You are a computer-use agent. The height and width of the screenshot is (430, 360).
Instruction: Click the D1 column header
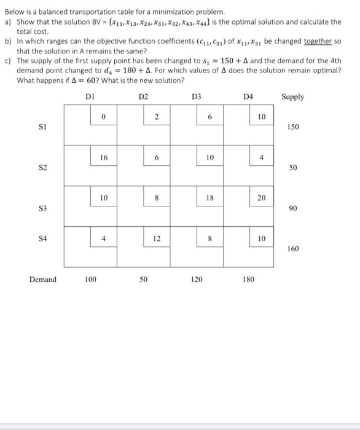[x=90, y=96]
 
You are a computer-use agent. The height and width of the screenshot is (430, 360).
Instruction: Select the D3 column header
[x=196, y=96]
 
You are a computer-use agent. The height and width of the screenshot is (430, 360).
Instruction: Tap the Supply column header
[x=292, y=96]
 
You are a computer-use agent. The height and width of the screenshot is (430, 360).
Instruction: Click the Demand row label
[x=42, y=279]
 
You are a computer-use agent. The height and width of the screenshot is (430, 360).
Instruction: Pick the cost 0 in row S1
[x=104, y=117]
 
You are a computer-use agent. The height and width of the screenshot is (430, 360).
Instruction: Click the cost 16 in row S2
[x=104, y=157]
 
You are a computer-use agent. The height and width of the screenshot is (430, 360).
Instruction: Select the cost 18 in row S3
[x=209, y=198]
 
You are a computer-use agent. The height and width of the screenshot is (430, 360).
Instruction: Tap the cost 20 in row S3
[x=260, y=198]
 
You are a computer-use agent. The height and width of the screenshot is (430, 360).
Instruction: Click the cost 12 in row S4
[x=157, y=237]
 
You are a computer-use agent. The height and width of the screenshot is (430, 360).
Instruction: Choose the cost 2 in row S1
[x=157, y=117]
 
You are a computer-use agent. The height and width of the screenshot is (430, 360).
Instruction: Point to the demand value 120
[x=197, y=279]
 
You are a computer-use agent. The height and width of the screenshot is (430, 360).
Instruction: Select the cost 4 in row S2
[x=260, y=157]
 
